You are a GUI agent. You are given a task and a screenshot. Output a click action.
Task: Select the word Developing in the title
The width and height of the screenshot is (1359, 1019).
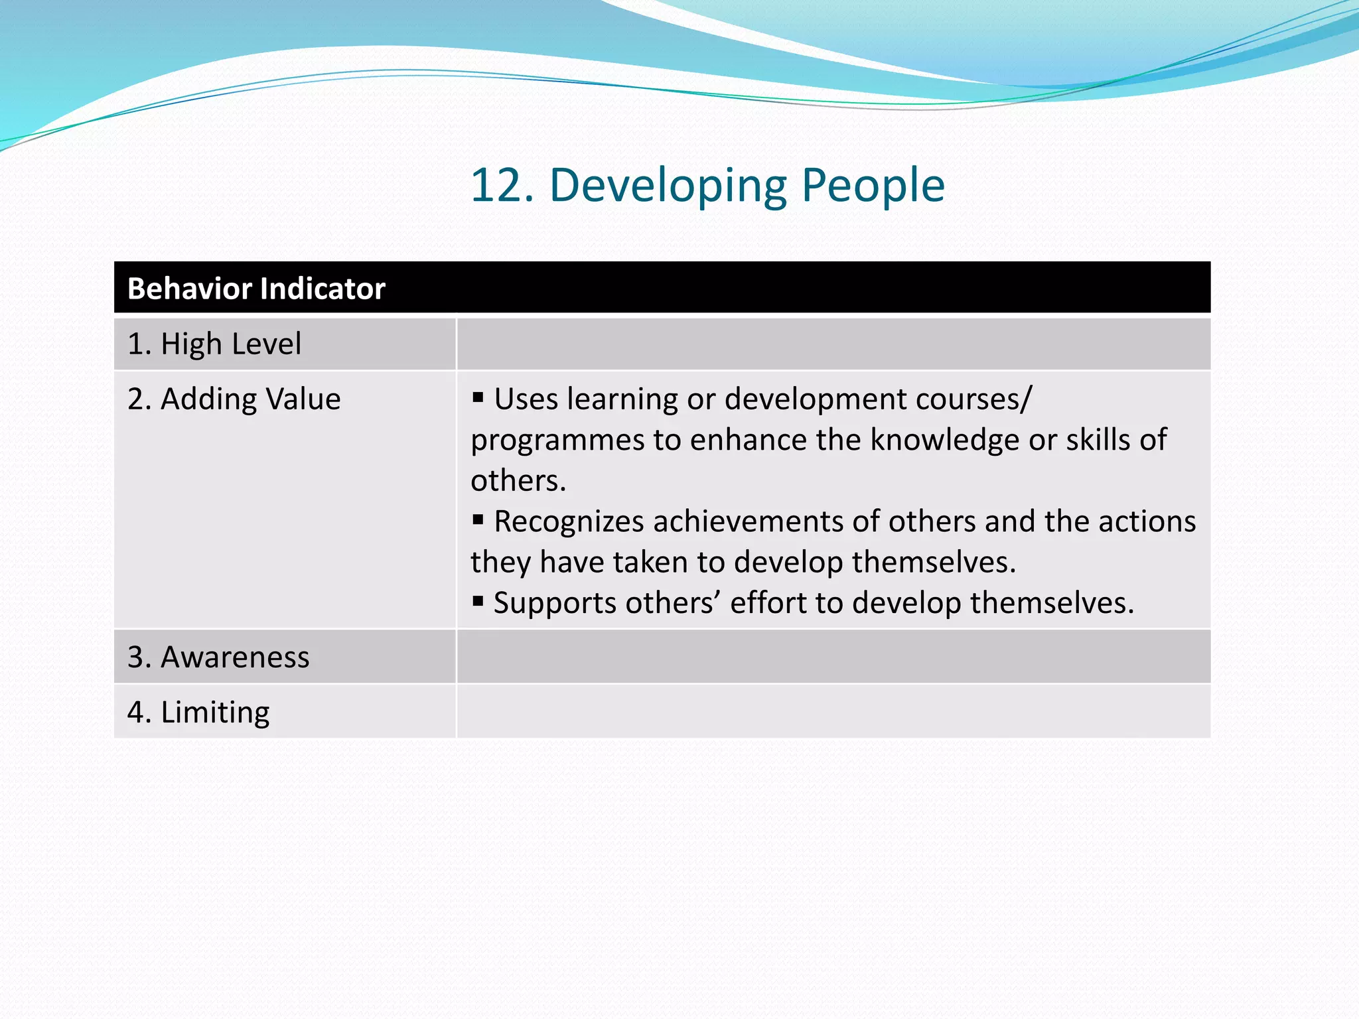pyautogui.click(x=668, y=185)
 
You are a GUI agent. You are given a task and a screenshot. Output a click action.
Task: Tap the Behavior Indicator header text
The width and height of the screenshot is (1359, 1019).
pyautogui.click(x=256, y=289)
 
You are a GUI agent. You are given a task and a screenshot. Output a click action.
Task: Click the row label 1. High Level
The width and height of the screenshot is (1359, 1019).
pyautogui.click(x=214, y=344)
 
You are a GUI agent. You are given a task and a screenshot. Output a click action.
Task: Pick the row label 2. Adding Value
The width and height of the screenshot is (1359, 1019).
pyautogui.click(x=234, y=399)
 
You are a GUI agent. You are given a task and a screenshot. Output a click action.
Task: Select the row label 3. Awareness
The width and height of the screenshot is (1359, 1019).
pyautogui.click(x=218, y=657)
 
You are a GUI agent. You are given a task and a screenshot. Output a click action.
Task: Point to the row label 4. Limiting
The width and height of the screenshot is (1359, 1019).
pyautogui.click(x=198, y=712)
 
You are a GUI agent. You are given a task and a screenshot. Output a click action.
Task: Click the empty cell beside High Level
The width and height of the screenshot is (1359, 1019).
pyautogui.click(x=833, y=344)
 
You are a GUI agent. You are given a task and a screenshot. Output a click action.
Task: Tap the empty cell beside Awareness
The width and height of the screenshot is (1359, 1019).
pyautogui.click(x=833, y=657)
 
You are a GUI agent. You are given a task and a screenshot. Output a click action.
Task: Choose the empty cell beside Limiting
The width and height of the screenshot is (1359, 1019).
pyautogui.click(x=833, y=712)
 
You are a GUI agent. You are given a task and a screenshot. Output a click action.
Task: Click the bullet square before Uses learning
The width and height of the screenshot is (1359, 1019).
pyautogui.click(x=478, y=398)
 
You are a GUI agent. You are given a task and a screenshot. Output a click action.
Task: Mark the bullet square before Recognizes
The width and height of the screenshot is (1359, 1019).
pyautogui.click(x=478, y=520)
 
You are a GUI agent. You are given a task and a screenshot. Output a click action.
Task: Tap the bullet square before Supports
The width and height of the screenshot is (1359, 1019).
pyautogui.click(x=478, y=602)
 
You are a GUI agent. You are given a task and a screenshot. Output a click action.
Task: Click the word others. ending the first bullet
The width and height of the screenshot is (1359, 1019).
pyautogui.click(x=518, y=480)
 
